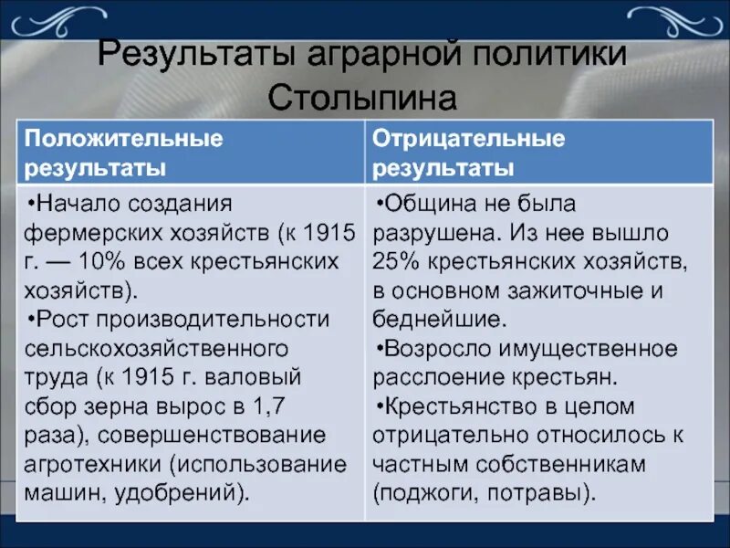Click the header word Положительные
pyautogui.click(x=123, y=139)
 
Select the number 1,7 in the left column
pyautogui.click(x=311, y=406)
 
